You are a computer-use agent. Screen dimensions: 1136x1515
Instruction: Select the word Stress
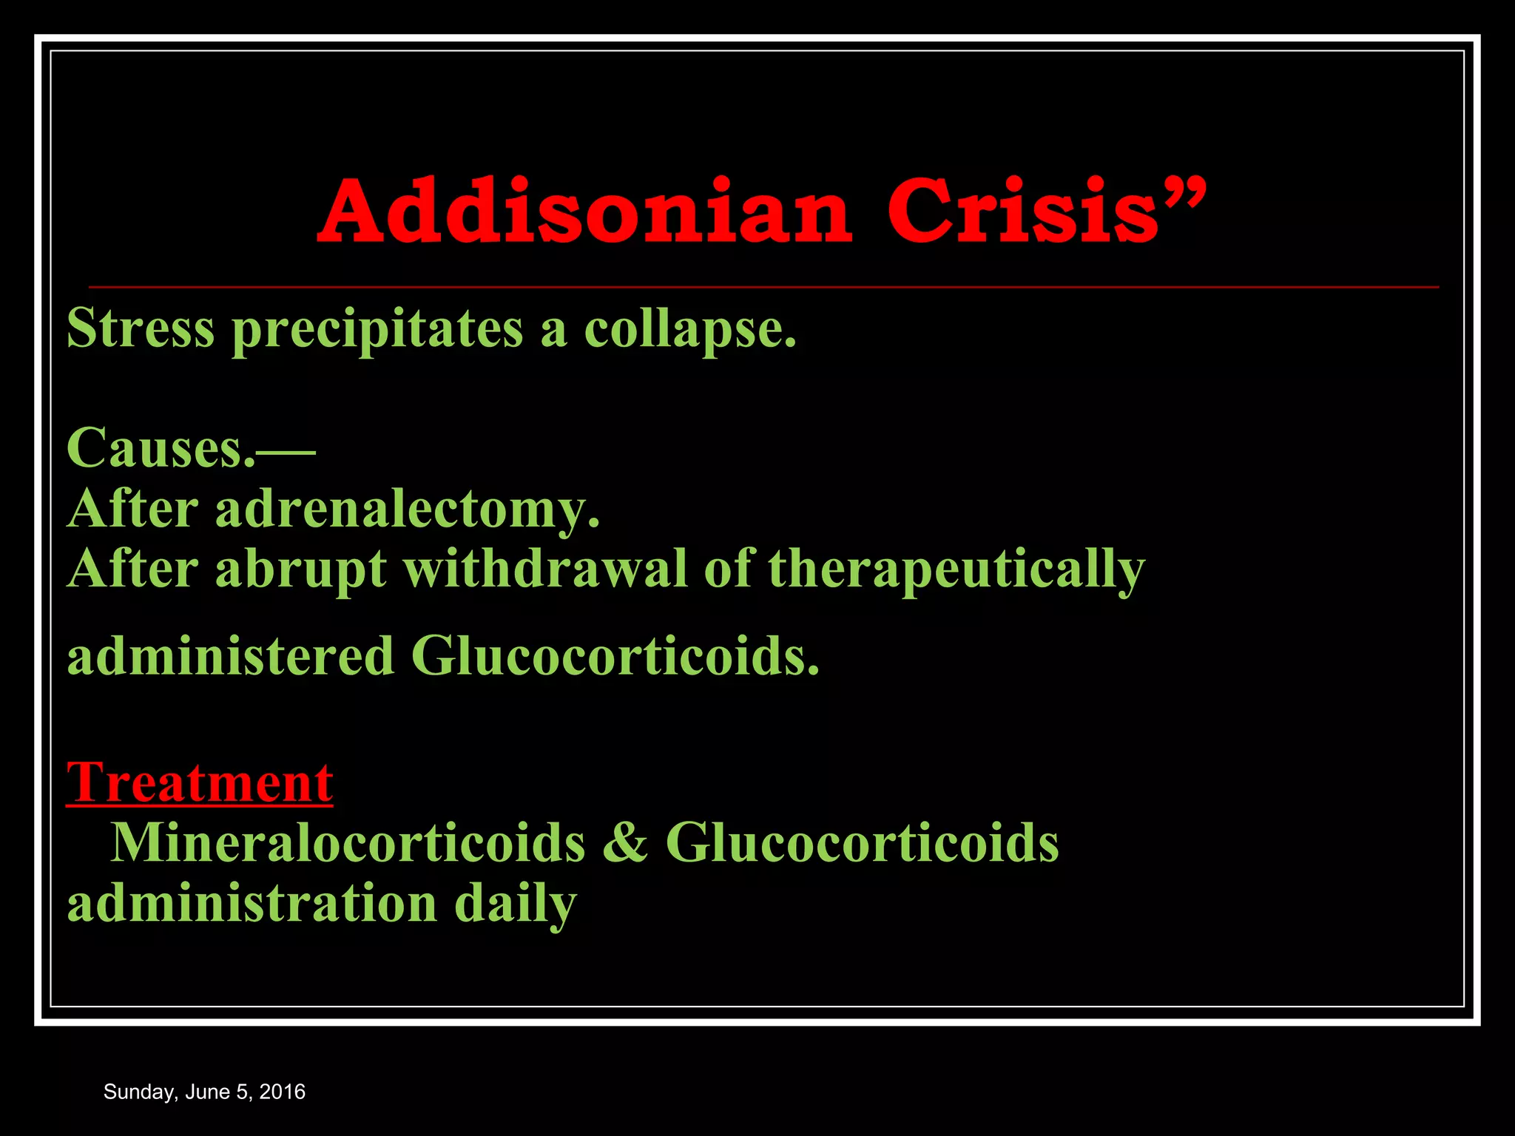(141, 328)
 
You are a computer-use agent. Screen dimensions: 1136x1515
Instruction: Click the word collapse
(689, 329)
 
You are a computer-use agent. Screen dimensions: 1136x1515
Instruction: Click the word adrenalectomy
(407, 509)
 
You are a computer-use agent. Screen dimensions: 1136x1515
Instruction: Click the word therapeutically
(956, 569)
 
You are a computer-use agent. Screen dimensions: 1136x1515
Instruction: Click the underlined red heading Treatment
(200, 782)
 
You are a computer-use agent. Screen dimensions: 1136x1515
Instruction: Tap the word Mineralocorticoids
(348, 842)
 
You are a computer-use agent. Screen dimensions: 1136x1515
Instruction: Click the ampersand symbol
(625, 842)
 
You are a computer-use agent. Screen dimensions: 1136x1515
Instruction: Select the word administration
(252, 904)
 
